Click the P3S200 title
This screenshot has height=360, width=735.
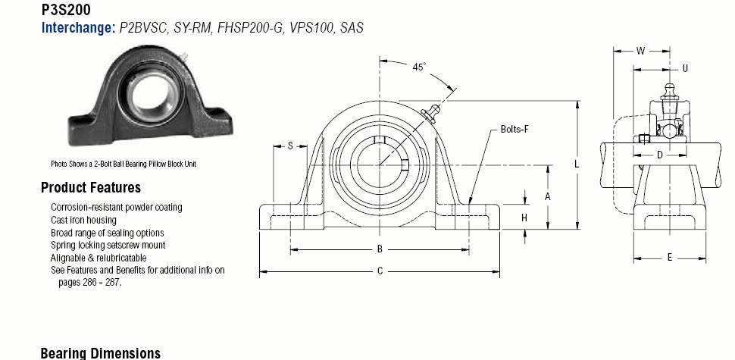66,9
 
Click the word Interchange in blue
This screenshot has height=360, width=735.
78,27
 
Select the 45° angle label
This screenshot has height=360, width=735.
419,67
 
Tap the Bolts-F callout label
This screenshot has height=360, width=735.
514,129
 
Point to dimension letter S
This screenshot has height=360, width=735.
290,146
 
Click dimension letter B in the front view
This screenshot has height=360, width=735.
380,249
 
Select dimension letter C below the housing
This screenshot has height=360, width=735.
380,271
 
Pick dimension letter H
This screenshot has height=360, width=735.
524,218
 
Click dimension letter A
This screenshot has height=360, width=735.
547,197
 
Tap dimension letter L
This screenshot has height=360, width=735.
577,164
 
